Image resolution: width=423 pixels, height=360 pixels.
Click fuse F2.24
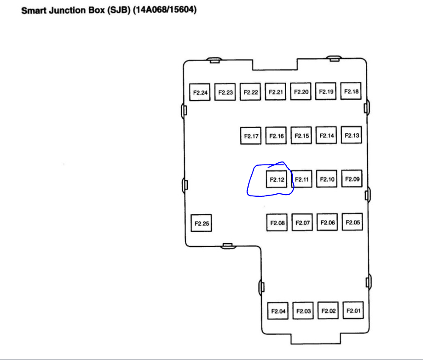(200, 93)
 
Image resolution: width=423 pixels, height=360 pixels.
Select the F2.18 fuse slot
(351, 91)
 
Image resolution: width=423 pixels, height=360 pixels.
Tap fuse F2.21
(276, 92)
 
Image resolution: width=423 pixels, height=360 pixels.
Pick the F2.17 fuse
(251, 136)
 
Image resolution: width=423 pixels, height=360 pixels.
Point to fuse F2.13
(352, 136)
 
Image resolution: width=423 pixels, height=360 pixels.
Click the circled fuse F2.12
(277, 179)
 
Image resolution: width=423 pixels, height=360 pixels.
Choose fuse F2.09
(352, 179)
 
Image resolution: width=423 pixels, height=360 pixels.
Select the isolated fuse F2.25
(201, 224)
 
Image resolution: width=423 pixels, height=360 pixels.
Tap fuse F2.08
(277, 223)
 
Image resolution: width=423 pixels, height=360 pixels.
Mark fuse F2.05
(353, 223)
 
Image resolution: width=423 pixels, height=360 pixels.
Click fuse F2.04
(278, 311)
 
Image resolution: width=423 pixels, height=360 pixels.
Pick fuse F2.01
(354, 311)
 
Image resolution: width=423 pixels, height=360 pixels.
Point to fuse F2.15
(302, 136)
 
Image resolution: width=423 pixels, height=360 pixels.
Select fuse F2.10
(327, 179)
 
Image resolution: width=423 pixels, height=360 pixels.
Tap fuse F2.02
(329, 311)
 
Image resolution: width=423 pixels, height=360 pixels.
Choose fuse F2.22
(250, 92)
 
